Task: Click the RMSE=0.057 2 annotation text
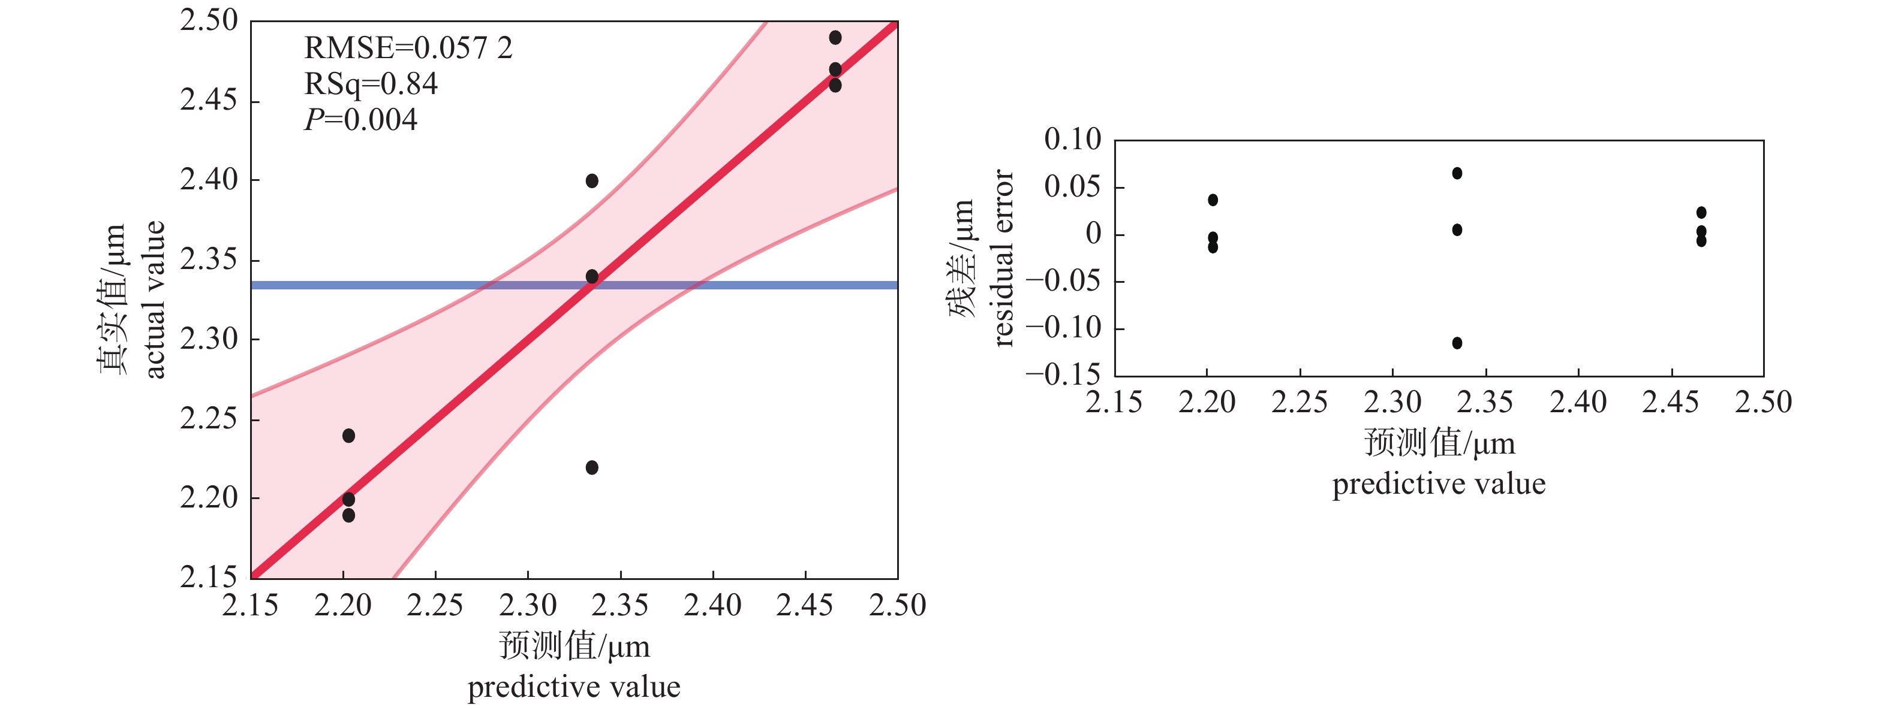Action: pyautogui.click(x=408, y=49)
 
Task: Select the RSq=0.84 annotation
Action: pyautogui.click(x=371, y=84)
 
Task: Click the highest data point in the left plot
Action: pyautogui.click(x=835, y=37)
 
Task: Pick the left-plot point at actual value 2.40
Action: pyautogui.click(x=592, y=180)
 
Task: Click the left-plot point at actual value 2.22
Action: pyautogui.click(x=592, y=467)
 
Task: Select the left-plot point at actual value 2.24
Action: pyautogui.click(x=348, y=436)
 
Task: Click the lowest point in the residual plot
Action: pyautogui.click(x=1457, y=343)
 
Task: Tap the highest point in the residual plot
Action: pyautogui.click(x=1457, y=173)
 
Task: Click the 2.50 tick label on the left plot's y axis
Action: pyautogui.click(x=209, y=20)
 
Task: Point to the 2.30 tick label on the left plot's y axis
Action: pyautogui.click(x=209, y=339)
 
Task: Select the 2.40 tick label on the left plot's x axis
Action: pyautogui.click(x=713, y=606)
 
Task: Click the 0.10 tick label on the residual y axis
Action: pyautogui.click(x=1072, y=139)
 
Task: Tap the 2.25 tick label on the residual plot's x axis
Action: pyautogui.click(x=1300, y=402)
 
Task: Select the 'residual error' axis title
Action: pyautogui.click(x=1003, y=258)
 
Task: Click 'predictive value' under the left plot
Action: pyautogui.click(x=573, y=687)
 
